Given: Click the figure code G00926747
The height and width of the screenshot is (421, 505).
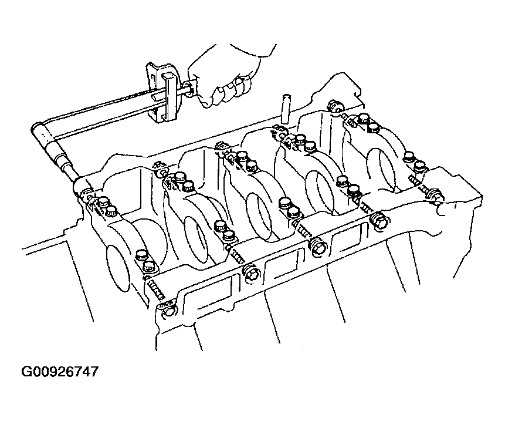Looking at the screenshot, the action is [x=60, y=372].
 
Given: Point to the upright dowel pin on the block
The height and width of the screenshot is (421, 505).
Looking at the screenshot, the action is [x=286, y=109].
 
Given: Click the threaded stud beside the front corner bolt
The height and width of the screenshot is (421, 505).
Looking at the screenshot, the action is [x=155, y=288].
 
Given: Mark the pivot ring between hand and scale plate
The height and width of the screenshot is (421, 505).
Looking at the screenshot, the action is [x=188, y=90].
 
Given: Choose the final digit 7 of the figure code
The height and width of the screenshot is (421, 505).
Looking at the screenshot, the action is [x=93, y=372].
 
